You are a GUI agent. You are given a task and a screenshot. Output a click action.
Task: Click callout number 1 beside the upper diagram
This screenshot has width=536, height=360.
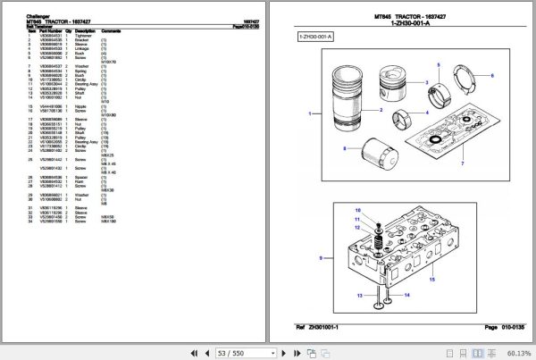(310, 114)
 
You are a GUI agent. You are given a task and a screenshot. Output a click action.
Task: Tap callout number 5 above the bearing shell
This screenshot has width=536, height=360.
(440, 65)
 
